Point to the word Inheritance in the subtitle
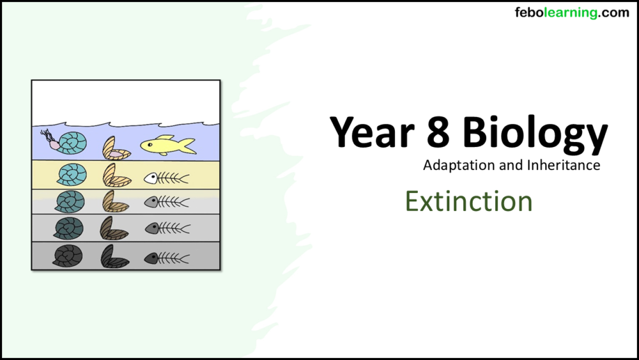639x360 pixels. (x=564, y=165)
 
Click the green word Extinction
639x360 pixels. (x=468, y=201)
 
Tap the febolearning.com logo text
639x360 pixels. (x=571, y=13)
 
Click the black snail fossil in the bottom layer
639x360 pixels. (x=68, y=256)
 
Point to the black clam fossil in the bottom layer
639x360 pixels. (x=114, y=257)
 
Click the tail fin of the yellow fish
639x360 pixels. (x=187, y=146)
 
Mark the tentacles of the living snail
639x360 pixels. (x=47, y=135)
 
